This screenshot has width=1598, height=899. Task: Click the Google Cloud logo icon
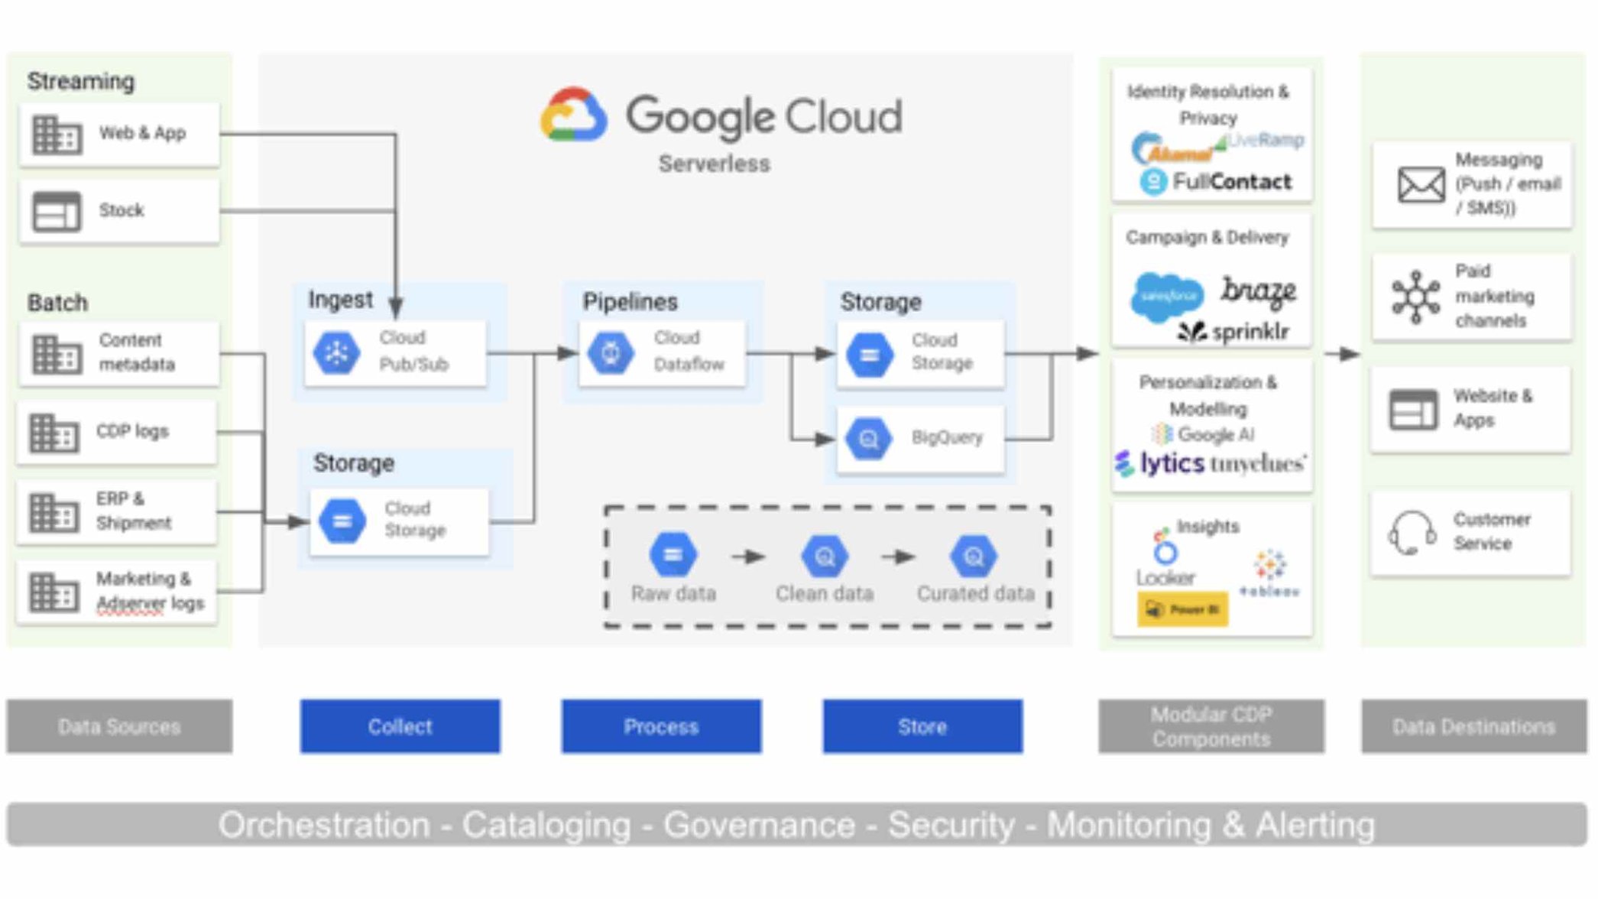point(574,115)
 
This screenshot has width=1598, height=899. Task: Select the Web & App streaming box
point(119,135)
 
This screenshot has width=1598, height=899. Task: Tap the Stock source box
point(119,211)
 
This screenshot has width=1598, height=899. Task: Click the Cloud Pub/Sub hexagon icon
point(336,353)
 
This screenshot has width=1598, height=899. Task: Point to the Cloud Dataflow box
point(662,353)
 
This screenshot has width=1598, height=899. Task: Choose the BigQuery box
point(920,439)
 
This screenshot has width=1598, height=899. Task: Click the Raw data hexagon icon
point(673,556)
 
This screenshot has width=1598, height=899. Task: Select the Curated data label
point(975,594)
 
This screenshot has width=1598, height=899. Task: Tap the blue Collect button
point(400,726)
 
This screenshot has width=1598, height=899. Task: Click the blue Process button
point(661,726)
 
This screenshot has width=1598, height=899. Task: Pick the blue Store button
point(922,726)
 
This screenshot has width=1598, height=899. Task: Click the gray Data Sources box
point(119,726)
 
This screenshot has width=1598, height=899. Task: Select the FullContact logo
point(1215,182)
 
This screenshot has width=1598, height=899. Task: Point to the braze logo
point(1258,291)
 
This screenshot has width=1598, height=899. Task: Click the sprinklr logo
point(1233,332)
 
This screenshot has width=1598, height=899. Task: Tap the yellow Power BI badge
point(1182,609)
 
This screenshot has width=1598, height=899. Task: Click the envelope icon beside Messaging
point(1421,185)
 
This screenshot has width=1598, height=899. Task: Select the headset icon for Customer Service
point(1411,533)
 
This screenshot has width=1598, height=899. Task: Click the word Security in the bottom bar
point(951,826)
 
